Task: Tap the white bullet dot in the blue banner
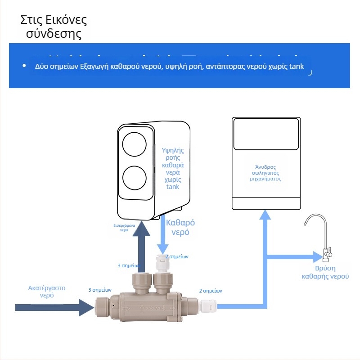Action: click(x=24, y=66)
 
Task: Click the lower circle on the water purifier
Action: click(x=134, y=178)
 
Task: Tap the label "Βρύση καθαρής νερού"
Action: click(x=325, y=273)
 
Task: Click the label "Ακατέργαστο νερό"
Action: click(x=47, y=291)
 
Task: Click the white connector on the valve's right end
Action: click(x=208, y=306)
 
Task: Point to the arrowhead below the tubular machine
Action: click(x=265, y=215)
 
